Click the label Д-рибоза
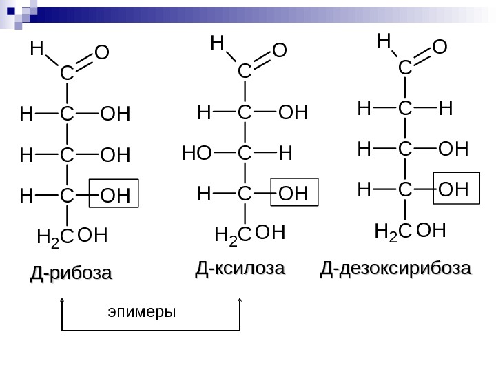pyautogui.click(x=70, y=273)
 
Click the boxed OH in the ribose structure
pyautogui.click(x=114, y=196)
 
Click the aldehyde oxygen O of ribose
pyautogui.click(x=102, y=54)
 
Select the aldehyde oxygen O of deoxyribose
pyautogui.click(x=440, y=47)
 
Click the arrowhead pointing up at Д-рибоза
pyautogui.click(x=63, y=301)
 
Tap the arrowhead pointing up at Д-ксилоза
pyautogui.click(x=240, y=301)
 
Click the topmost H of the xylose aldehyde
pyautogui.click(x=217, y=44)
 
